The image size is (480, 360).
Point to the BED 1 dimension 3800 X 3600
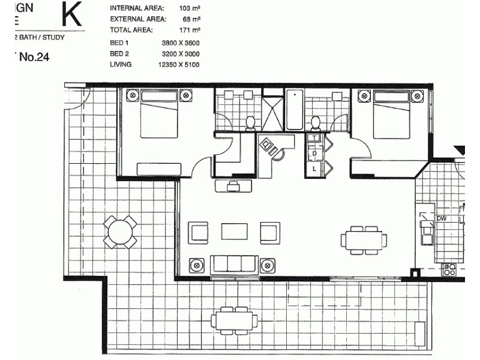tap(181, 43)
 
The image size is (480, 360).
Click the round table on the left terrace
tap(120, 232)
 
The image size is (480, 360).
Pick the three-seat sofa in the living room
tap(234, 264)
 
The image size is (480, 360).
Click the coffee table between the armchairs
tap(234, 231)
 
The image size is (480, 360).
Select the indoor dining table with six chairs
tap(364, 240)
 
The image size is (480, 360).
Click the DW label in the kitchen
tap(441, 218)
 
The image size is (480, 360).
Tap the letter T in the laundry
tap(314, 138)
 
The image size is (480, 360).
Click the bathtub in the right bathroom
tap(294, 110)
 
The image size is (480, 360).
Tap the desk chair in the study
tap(278, 154)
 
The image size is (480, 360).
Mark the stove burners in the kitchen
tap(449, 269)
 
